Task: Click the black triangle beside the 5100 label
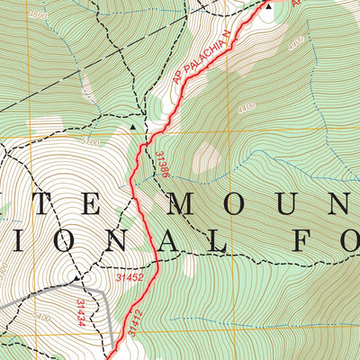pyautogui.click(x=134, y=128)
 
